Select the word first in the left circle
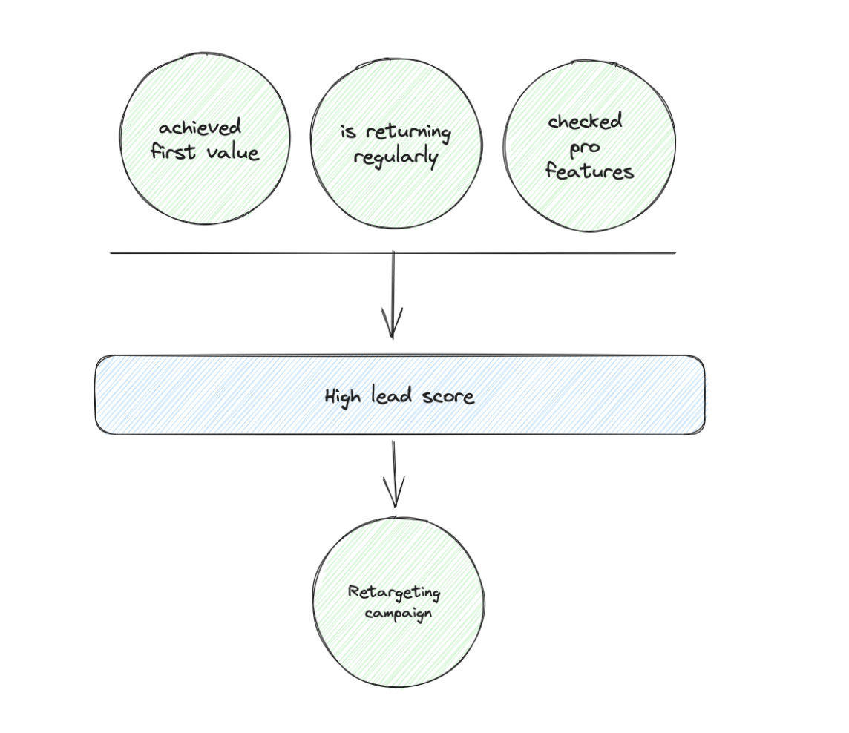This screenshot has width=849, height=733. click(173, 152)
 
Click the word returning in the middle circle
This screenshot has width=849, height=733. click(407, 133)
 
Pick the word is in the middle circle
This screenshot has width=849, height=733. click(349, 132)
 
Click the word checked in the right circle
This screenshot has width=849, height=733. click(586, 122)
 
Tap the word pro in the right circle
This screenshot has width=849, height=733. click(585, 148)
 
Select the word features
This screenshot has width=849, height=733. click(589, 172)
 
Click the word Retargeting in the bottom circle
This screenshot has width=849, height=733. click(394, 592)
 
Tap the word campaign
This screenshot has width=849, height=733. click(399, 614)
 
